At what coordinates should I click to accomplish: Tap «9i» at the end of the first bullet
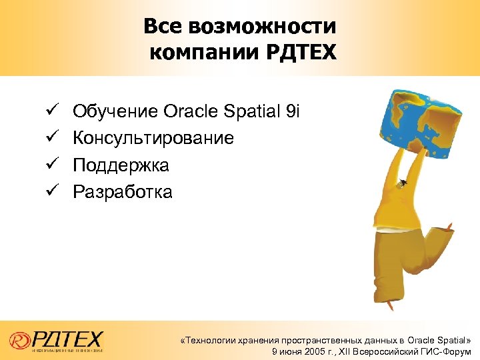293,111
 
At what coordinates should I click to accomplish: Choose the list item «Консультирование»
153,138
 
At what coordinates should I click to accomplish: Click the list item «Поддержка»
121,165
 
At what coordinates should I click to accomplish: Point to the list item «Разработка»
123,193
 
